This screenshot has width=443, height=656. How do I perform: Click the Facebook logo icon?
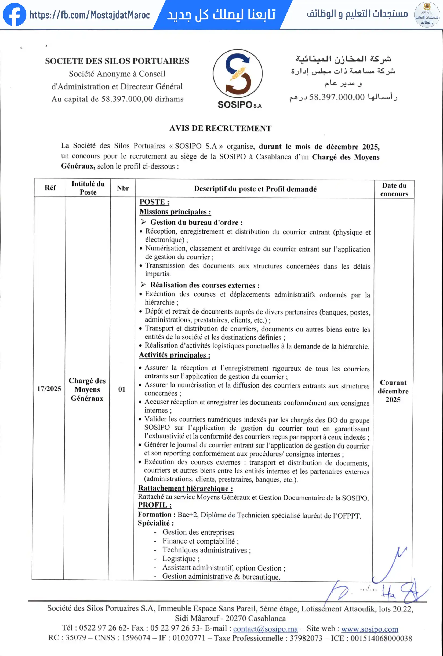point(14,14)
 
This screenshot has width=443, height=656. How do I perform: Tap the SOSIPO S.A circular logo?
point(237,74)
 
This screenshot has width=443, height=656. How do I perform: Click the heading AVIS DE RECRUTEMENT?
point(220,128)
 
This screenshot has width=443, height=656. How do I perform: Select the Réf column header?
point(50,188)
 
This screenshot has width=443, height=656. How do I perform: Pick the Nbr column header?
point(123,188)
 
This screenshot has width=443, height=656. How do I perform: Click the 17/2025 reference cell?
point(49,389)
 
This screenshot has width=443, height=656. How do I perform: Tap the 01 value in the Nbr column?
point(121,389)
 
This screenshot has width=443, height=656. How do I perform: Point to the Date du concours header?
point(394,189)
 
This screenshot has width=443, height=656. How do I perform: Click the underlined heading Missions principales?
point(175,212)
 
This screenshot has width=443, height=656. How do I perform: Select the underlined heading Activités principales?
point(174,355)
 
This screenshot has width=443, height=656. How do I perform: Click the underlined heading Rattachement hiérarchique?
point(185,488)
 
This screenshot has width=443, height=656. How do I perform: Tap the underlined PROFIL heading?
point(154,505)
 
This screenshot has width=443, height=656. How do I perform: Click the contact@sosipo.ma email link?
point(266,629)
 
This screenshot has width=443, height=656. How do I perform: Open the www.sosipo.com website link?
point(370,629)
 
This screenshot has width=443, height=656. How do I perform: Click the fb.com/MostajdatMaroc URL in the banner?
point(89,15)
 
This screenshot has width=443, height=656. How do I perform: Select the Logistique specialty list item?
point(180,559)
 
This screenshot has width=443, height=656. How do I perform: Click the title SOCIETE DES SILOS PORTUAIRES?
point(117,61)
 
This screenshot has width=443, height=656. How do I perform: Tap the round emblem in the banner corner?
point(427,14)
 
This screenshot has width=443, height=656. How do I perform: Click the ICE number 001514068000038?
point(381,638)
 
